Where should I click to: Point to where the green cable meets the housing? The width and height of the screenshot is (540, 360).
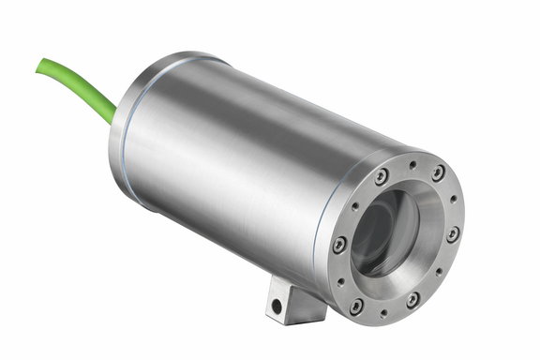tap(113, 115)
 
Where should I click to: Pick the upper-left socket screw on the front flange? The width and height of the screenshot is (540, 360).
tap(381, 177)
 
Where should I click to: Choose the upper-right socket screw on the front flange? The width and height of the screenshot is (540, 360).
tap(438, 173)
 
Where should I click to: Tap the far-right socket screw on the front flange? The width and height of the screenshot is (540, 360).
tap(453, 233)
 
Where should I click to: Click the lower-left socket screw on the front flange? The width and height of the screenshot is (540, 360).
tap(356, 306)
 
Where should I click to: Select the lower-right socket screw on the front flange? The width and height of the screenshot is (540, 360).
tap(412, 299)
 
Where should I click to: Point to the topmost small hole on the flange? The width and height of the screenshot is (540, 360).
tap(412, 165)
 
